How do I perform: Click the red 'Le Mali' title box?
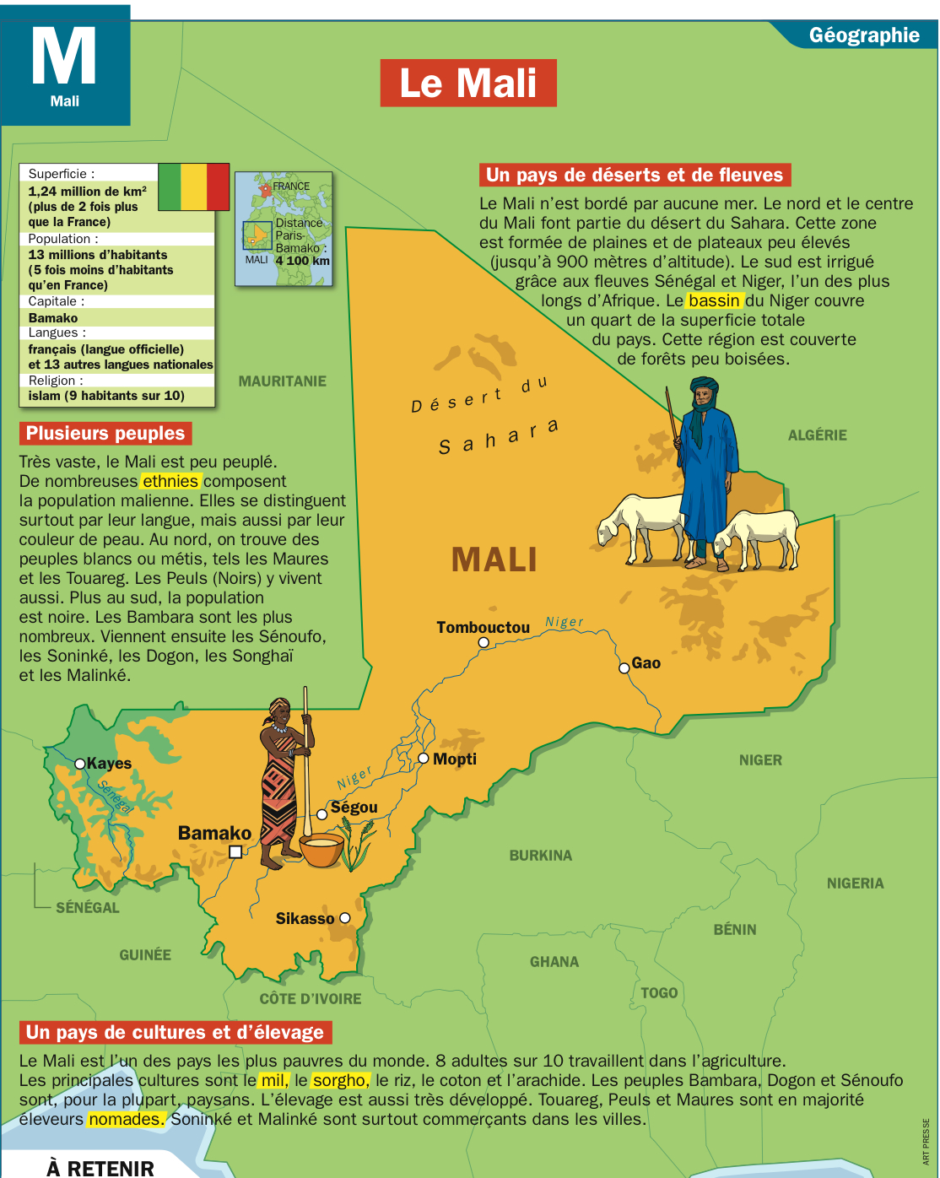coord(468,83)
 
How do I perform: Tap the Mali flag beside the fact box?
coord(194,186)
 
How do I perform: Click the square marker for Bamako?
coord(236,851)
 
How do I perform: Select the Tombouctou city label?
coord(483,627)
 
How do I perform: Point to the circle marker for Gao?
coord(624,667)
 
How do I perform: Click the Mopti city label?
coord(455,759)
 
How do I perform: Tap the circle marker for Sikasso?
coord(344,918)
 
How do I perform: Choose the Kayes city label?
coord(109,763)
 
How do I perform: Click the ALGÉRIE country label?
coord(817,435)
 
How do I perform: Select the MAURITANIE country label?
coord(282,381)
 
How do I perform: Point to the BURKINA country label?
coord(540,856)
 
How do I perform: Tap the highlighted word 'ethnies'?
coord(170,481)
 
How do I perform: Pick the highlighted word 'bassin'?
coord(715,300)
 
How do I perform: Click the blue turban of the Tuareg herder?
coord(704,391)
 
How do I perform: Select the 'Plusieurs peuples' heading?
coord(105,434)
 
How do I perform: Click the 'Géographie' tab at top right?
coord(863,35)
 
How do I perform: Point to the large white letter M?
coord(64,57)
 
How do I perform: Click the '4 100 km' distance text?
coord(302,261)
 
